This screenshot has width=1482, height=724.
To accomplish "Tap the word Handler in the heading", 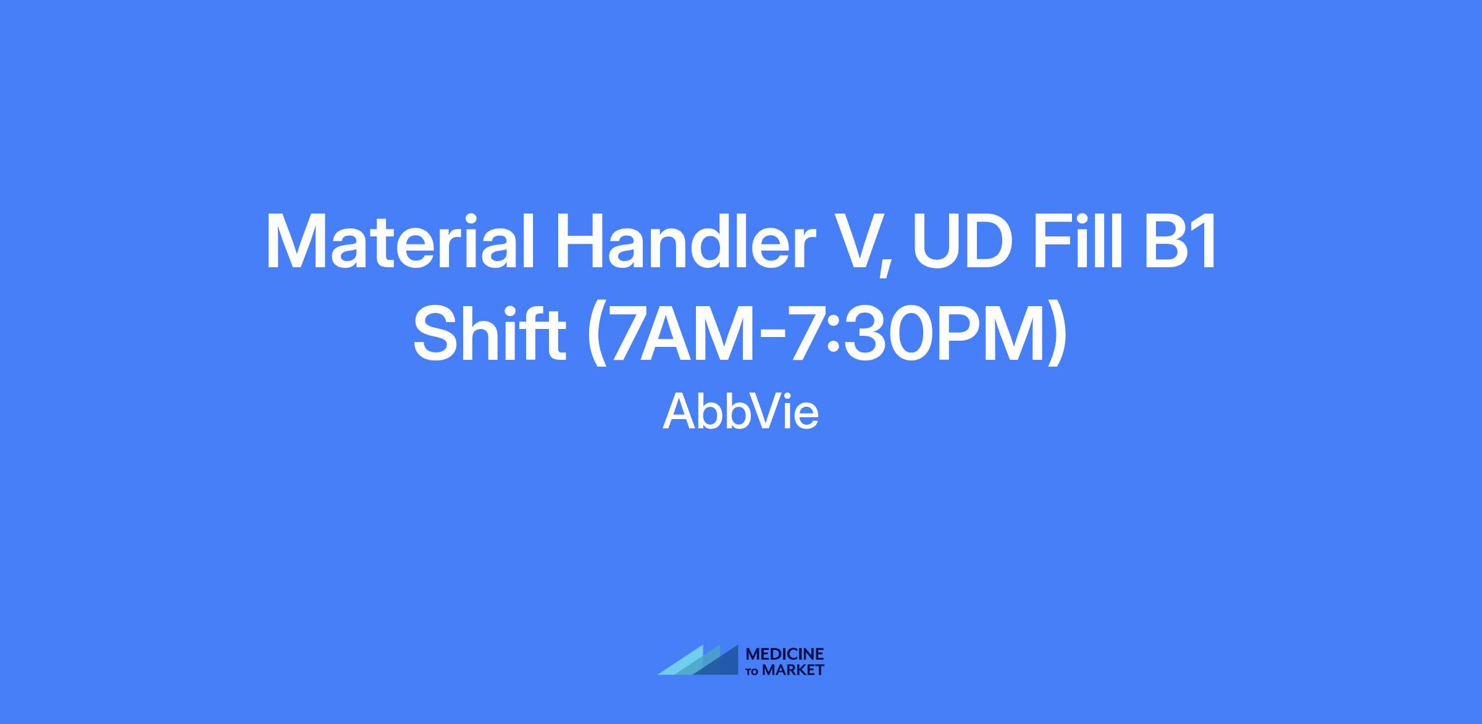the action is [682, 242].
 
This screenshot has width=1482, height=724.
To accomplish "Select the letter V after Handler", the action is [852, 242].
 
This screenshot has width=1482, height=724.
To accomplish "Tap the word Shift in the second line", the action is [490, 333].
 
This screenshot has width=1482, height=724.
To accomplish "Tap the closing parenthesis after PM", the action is [1057, 336].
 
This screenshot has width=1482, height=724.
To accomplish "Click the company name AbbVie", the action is [741, 412].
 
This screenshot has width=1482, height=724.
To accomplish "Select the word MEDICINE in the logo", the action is [785, 654].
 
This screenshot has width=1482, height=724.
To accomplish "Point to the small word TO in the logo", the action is [753, 671].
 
